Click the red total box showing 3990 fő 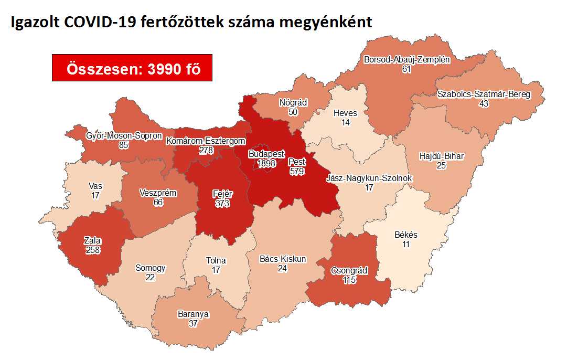[x=132, y=68]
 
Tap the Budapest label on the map [x=266, y=155]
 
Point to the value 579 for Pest [x=296, y=171]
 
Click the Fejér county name [x=223, y=194]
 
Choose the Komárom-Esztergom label [x=206, y=141]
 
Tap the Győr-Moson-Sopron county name [x=124, y=136]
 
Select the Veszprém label [x=158, y=193]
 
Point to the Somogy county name [x=151, y=268]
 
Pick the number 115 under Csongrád [x=349, y=280]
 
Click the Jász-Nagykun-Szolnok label [x=369, y=178]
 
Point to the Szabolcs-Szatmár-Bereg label [x=484, y=94]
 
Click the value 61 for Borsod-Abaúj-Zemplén [x=406, y=69]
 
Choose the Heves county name [x=345, y=113]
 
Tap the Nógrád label [x=293, y=103]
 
